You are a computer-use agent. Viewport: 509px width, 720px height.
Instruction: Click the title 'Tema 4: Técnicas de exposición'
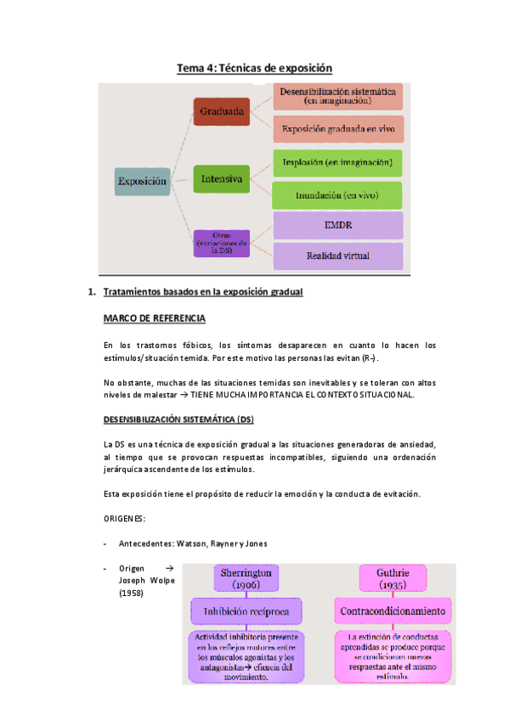click(253, 68)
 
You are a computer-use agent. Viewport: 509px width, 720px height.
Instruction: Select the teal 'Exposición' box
click(142, 180)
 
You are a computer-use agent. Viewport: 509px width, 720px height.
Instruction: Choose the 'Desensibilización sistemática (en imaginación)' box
click(337, 95)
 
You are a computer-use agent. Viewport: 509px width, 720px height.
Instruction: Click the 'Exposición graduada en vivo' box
click(337, 129)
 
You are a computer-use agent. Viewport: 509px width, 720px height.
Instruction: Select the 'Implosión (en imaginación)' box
click(337, 161)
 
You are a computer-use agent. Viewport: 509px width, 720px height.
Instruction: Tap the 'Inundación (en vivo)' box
click(337, 195)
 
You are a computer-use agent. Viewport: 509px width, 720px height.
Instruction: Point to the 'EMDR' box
click(337, 226)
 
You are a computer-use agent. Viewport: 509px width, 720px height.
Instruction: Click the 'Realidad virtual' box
click(337, 256)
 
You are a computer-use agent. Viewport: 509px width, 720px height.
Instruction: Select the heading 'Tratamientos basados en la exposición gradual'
click(203, 293)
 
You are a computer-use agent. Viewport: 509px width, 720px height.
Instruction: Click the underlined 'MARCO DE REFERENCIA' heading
click(154, 318)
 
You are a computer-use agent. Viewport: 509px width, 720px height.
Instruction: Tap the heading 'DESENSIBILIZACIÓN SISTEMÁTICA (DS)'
click(178, 419)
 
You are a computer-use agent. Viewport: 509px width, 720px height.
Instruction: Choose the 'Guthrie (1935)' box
click(391, 579)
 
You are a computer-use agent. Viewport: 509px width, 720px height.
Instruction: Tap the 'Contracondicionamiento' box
click(392, 611)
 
